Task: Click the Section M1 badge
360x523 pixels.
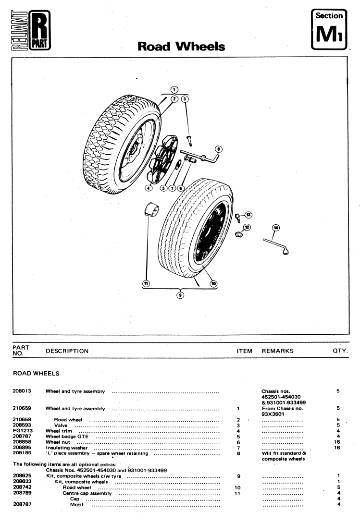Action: tap(329, 29)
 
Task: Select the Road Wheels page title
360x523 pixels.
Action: tap(181, 46)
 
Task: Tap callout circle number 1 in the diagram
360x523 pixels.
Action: tap(174, 89)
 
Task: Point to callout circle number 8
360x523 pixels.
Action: tap(218, 149)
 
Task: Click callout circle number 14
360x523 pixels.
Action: tap(275, 227)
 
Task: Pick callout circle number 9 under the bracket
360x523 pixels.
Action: tap(180, 295)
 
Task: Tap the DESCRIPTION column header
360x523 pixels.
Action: tap(67, 351)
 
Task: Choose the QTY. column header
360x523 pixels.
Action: tap(340, 351)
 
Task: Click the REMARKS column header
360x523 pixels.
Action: tap(277, 351)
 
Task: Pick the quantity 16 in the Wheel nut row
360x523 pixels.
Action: tap(337, 442)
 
